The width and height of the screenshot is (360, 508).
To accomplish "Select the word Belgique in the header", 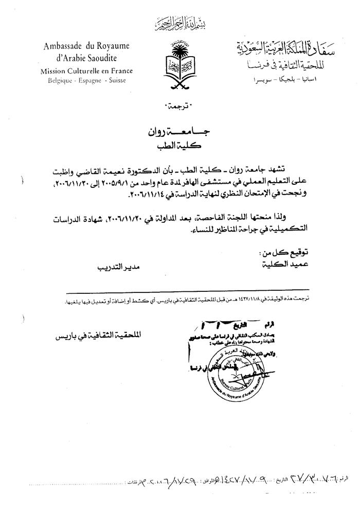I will pos(60,81).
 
